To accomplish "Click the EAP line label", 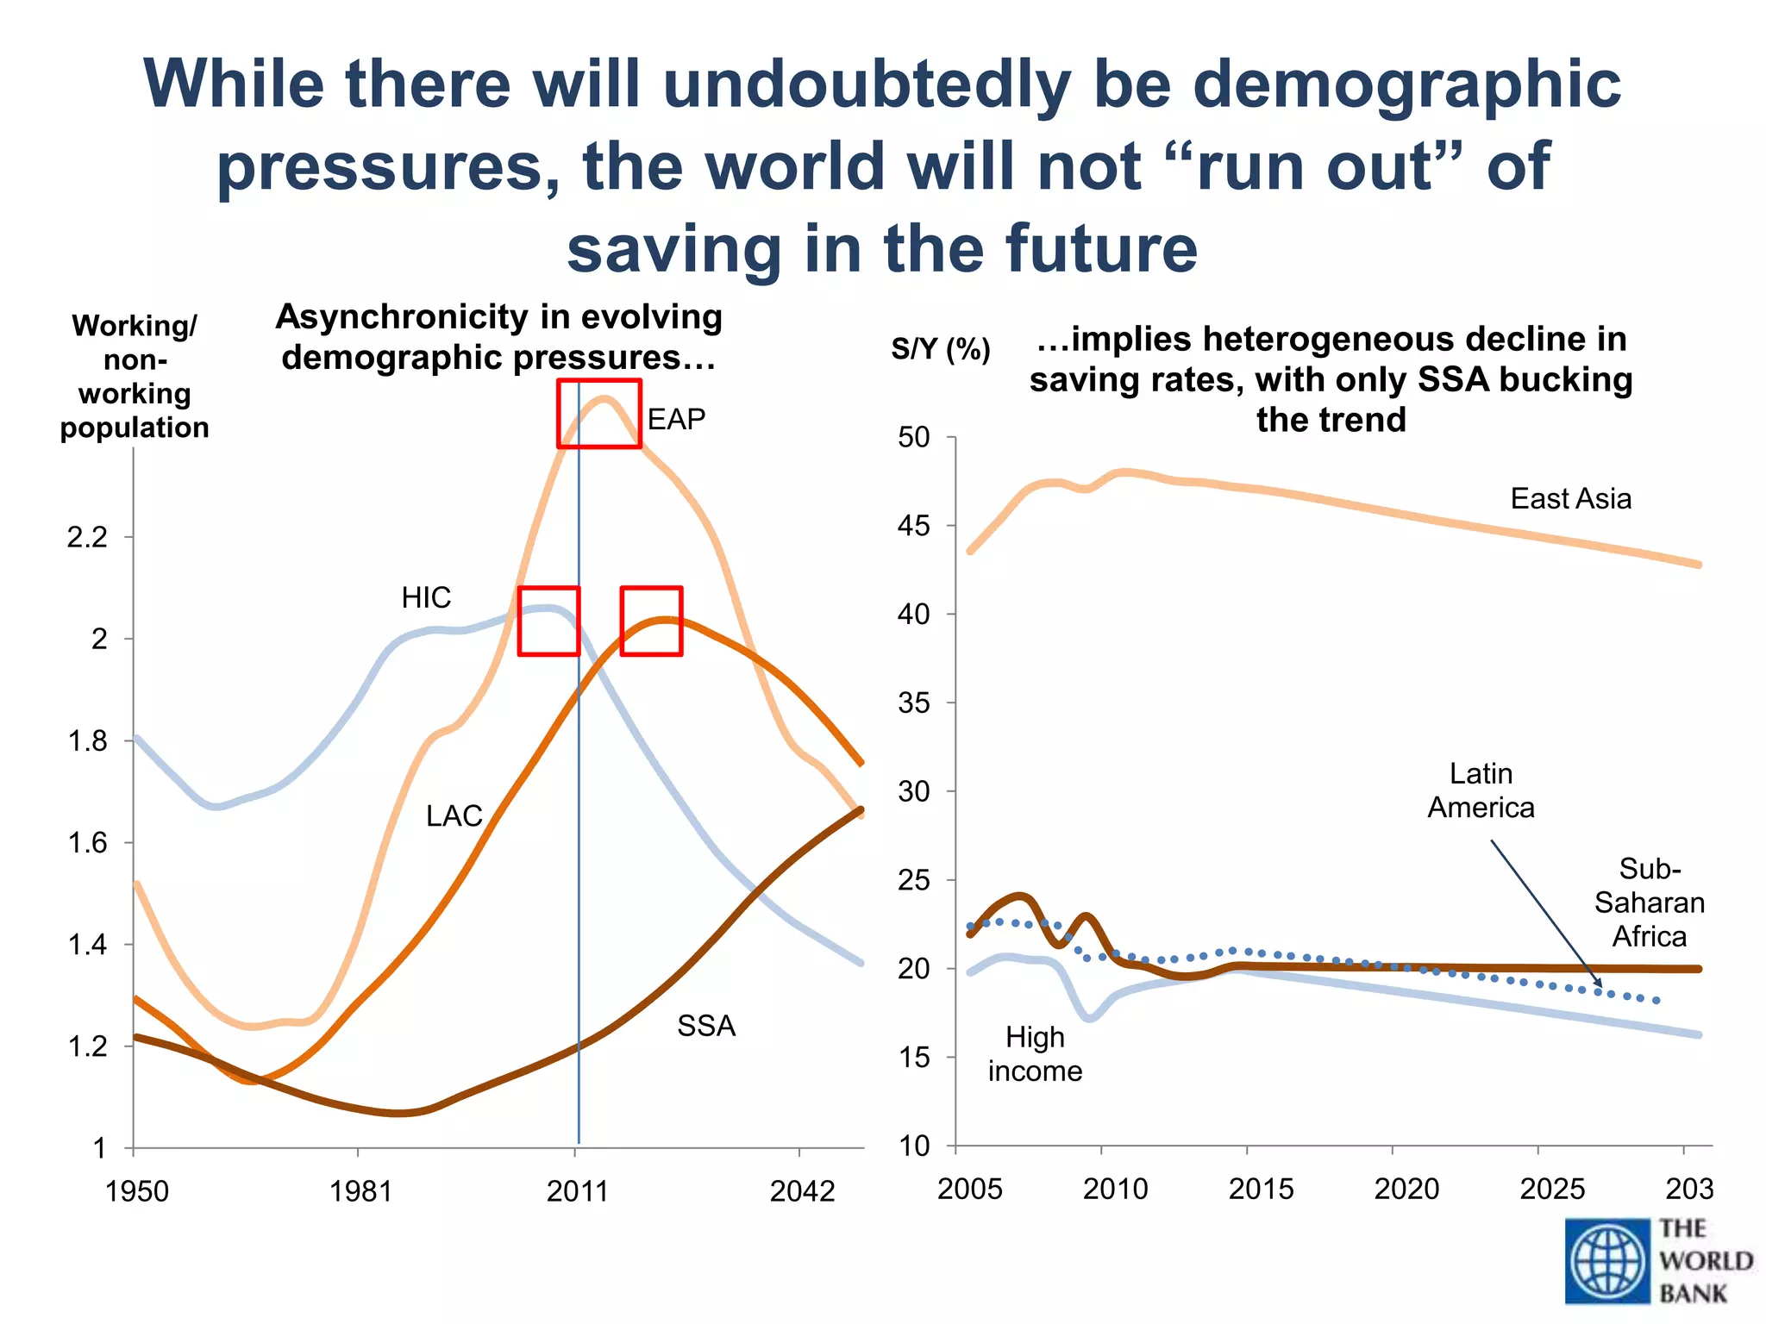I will tap(676, 420).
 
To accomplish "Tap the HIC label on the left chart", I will tap(426, 597).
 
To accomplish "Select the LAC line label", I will tap(454, 815).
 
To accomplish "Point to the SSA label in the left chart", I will tap(706, 1026).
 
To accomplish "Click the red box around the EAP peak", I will tap(599, 414).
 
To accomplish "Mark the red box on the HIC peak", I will tap(548, 621).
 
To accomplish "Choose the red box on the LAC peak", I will tap(652, 621).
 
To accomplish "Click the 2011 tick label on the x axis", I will tap(577, 1191).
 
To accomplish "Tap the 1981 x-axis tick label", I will tap(360, 1191).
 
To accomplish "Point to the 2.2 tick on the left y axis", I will tap(87, 538).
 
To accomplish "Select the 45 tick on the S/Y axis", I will tap(914, 526).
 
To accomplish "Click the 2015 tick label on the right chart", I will tap(1261, 1190).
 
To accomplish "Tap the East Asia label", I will tap(1570, 499).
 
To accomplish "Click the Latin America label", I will tap(1481, 790).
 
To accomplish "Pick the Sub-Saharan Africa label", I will tap(1649, 902).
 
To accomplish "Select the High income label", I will tap(1035, 1053).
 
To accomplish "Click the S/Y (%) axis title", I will tap(941, 349).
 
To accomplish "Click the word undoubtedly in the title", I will tap(867, 84).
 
